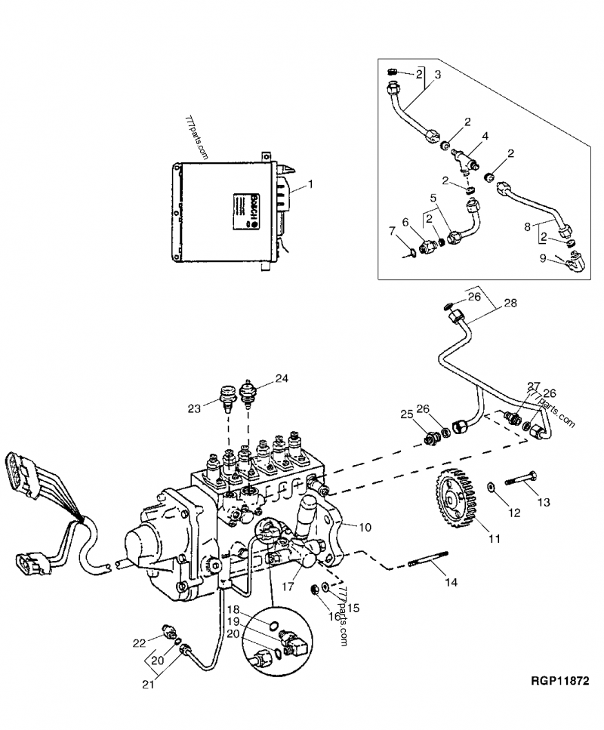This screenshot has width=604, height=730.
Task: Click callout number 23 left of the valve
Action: pyautogui.click(x=194, y=408)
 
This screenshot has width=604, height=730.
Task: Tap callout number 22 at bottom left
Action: pyautogui.click(x=138, y=642)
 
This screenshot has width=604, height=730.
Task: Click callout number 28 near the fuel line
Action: pyautogui.click(x=511, y=303)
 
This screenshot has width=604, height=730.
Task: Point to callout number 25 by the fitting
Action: pyautogui.click(x=407, y=414)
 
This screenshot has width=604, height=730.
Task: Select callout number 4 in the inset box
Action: pyautogui.click(x=485, y=137)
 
